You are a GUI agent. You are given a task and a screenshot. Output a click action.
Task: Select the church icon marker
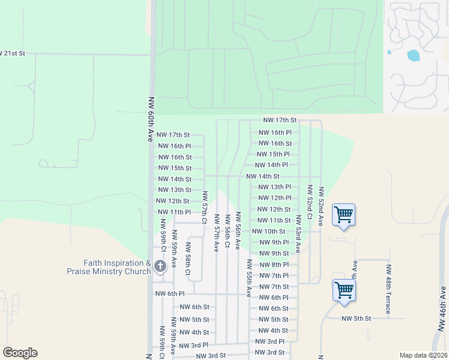tap(160, 266)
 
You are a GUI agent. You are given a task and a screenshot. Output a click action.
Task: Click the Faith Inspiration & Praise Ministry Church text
tap(109, 267)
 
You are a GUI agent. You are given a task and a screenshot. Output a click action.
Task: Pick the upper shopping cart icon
tap(343, 215)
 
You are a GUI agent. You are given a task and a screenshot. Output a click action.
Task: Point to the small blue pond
tap(413, 56)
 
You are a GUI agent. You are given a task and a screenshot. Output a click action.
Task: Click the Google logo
tap(20, 353)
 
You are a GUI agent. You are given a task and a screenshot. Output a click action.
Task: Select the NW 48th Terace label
tap(388, 289)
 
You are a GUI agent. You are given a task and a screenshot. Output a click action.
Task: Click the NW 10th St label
tap(268, 232)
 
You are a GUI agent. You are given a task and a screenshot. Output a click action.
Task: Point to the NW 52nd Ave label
tap(321, 206)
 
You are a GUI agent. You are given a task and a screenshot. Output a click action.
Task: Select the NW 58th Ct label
tap(188, 259)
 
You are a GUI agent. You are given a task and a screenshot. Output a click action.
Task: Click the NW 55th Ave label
tap(249, 278)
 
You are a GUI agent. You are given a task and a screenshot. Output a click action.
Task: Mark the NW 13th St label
tap(174, 190)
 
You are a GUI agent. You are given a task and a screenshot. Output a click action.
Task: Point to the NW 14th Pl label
tap(271, 165)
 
